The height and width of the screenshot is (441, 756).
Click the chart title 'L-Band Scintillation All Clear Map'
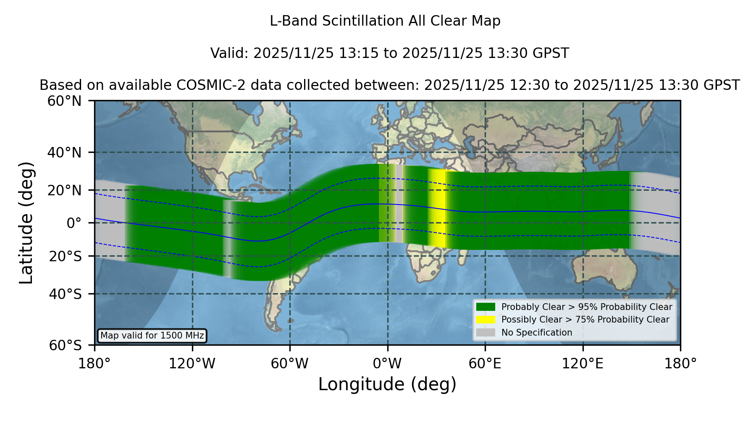click(385, 21)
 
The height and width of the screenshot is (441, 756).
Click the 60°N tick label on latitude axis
click(65, 101)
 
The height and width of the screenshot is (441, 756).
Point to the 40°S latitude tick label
click(66, 294)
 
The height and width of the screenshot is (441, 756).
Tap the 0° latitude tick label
click(74, 223)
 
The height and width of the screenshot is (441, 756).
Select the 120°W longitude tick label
click(192, 364)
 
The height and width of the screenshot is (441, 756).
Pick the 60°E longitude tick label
click(485, 364)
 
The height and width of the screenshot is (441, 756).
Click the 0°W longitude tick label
click(388, 364)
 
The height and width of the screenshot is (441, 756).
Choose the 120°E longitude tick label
click(583, 364)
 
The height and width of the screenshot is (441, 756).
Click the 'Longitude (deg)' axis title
click(387, 384)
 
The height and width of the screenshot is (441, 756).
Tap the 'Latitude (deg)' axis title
click(26, 223)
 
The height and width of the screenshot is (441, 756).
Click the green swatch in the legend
click(486, 307)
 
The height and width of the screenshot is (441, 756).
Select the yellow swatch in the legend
click(486, 320)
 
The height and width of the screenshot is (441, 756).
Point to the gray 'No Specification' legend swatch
click(486, 333)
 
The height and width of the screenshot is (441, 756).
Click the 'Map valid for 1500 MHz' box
click(152, 336)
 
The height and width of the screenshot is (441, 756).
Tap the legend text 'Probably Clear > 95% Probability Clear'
click(587, 307)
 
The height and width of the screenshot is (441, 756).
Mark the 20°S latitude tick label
click(66, 256)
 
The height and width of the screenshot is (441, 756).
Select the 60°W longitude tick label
click(290, 364)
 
